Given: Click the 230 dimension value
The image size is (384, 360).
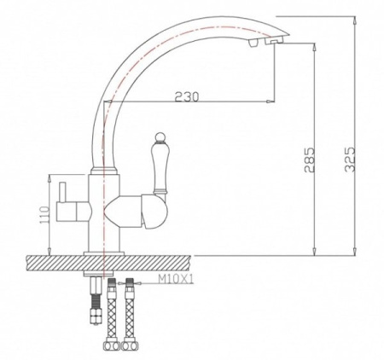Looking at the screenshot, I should click(x=186, y=96).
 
